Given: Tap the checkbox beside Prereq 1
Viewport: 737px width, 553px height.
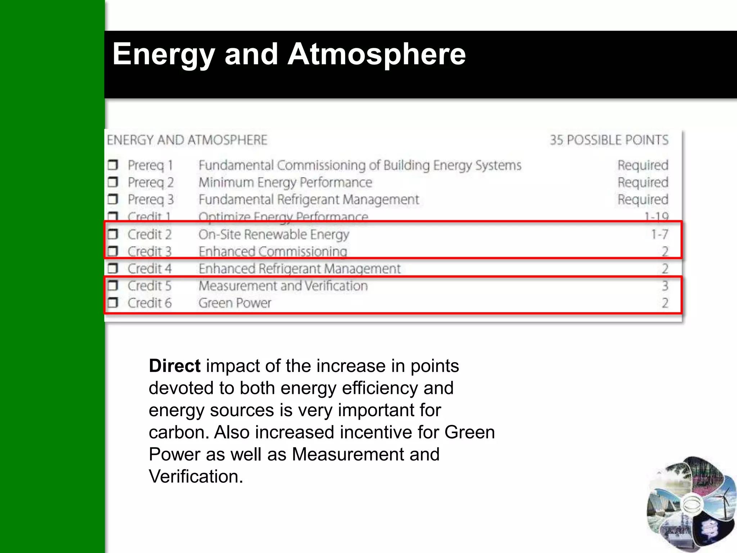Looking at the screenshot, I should [113, 165].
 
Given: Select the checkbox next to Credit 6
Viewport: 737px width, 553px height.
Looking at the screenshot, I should [113, 303].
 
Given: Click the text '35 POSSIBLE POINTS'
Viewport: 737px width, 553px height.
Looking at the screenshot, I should [609, 140].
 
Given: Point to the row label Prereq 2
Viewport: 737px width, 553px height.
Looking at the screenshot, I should [151, 183].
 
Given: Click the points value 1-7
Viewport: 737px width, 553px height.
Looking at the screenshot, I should [659, 234].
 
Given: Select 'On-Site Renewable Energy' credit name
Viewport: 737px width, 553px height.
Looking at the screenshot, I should [274, 234].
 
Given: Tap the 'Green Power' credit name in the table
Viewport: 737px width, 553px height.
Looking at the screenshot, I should [235, 303].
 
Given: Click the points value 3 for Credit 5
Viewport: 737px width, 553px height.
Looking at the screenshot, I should [665, 286].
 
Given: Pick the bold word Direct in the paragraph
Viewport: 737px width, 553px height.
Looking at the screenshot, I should [175, 366].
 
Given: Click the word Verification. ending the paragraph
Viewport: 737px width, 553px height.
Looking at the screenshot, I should [196, 476].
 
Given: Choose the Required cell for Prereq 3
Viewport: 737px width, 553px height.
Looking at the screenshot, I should [643, 199].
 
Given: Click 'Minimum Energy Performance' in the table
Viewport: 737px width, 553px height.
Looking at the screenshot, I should [285, 183].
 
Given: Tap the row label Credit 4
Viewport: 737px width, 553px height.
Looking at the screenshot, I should [150, 269].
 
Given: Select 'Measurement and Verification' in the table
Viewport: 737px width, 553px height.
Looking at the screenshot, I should [283, 286].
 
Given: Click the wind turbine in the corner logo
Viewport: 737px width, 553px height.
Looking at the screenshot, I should [722, 500].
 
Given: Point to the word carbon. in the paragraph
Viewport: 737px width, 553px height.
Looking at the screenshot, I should [179, 432].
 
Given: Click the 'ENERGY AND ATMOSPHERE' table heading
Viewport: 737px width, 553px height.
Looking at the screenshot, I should [187, 140].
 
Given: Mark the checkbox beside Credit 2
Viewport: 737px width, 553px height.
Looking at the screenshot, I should [113, 234].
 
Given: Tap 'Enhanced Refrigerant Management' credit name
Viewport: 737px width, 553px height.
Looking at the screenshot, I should [299, 269].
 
